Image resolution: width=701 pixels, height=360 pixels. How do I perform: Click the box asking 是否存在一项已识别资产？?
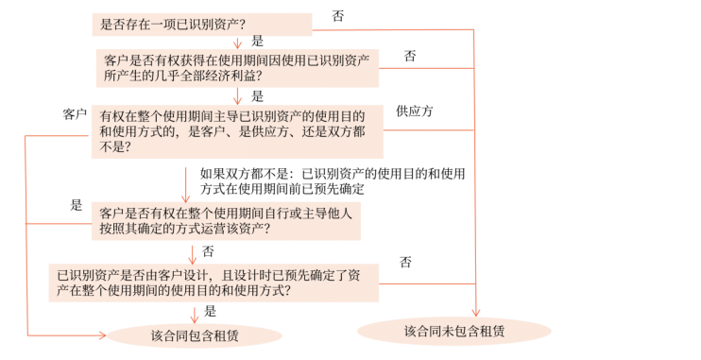point(202,24)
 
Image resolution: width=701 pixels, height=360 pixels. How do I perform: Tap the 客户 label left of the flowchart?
point(75,113)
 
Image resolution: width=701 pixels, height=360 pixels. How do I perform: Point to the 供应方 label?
point(415,111)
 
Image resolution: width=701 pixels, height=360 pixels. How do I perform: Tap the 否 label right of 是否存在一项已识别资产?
point(339,16)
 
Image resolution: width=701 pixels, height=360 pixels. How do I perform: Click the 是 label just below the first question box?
point(257,42)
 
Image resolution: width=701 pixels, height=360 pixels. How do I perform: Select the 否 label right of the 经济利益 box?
point(410,56)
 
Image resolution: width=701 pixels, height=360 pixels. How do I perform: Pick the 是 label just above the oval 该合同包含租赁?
point(211,311)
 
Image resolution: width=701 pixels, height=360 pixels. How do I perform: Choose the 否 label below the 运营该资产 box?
point(208,251)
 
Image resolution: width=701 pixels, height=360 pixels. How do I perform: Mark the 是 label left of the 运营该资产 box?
point(77,205)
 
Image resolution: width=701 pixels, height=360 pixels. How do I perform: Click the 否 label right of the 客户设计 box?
point(405,262)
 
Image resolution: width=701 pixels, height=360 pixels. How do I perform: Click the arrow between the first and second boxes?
point(237,43)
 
